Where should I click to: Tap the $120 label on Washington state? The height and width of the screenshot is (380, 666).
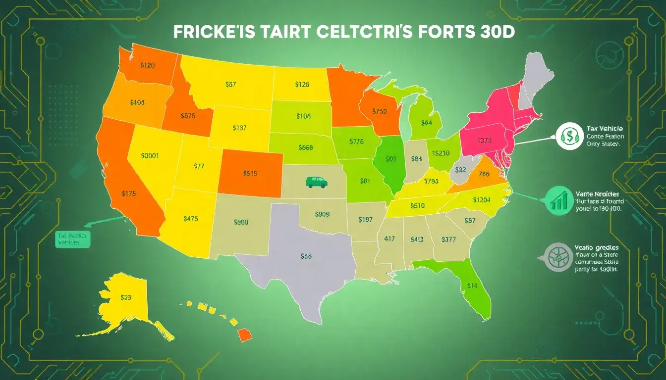click(x=148, y=65)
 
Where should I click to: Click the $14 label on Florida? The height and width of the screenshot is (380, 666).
click(x=472, y=285)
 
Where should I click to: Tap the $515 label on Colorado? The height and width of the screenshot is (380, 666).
click(x=251, y=174)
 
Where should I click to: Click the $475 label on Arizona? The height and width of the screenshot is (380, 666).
click(x=191, y=218)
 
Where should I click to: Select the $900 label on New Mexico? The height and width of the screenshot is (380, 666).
click(x=240, y=222)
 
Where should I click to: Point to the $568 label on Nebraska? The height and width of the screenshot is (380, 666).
click(x=306, y=147)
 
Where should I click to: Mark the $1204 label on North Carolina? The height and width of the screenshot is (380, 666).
click(x=482, y=200)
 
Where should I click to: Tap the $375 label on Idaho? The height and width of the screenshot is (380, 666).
click(x=188, y=116)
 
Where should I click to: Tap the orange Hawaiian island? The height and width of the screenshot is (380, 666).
click(x=245, y=335)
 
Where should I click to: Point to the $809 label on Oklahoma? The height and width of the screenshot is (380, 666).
click(x=322, y=214)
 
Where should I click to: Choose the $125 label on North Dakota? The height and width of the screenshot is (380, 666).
click(x=302, y=84)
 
